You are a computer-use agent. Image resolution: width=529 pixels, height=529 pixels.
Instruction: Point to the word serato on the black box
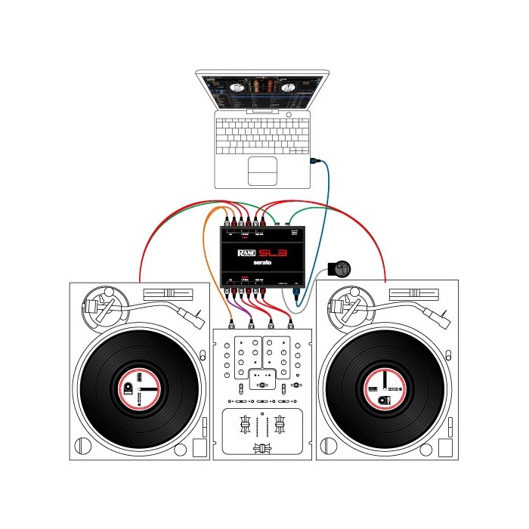[x=264, y=266]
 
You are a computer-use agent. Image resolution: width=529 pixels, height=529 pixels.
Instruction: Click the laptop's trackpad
[x=261, y=172]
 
